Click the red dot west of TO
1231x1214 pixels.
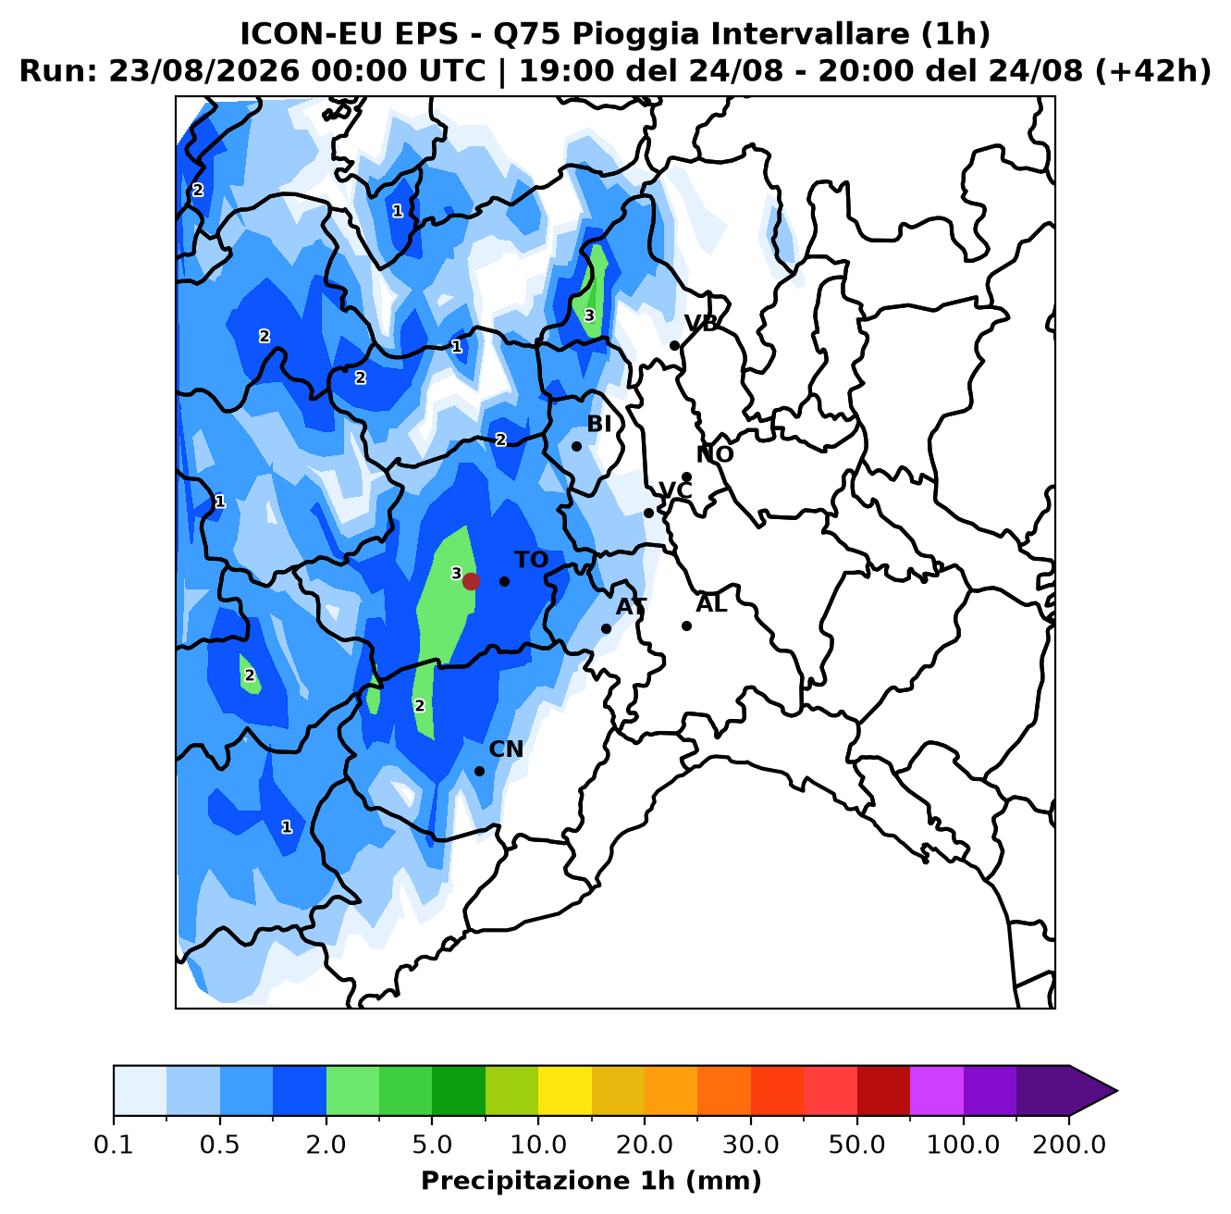[471, 581]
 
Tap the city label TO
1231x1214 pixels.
[532, 560]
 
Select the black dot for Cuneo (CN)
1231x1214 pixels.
[479, 771]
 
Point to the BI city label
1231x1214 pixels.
[598, 424]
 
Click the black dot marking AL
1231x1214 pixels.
[686, 626]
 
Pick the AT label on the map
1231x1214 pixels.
[631, 607]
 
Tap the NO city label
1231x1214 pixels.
[714, 454]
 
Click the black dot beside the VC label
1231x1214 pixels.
[648, 513]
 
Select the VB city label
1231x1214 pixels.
[701, 324]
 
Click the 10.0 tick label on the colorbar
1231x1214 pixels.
[538, 1145]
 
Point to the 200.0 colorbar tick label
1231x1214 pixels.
[1069, 1145]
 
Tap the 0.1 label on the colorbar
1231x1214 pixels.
[114, 1145]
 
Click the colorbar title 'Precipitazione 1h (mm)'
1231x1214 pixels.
[591, 1180]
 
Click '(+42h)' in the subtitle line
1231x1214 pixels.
[1152, 71]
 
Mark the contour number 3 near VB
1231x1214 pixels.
[589, 316]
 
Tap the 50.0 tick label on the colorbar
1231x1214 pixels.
[856, 1145]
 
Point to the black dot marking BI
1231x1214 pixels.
[576, 446]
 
